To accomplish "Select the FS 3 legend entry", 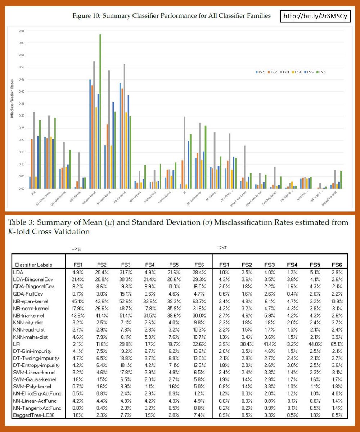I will click(x=286, y=73).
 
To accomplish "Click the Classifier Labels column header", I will click(x=32, y=265).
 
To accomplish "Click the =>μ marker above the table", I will click(x=76, y=249).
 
